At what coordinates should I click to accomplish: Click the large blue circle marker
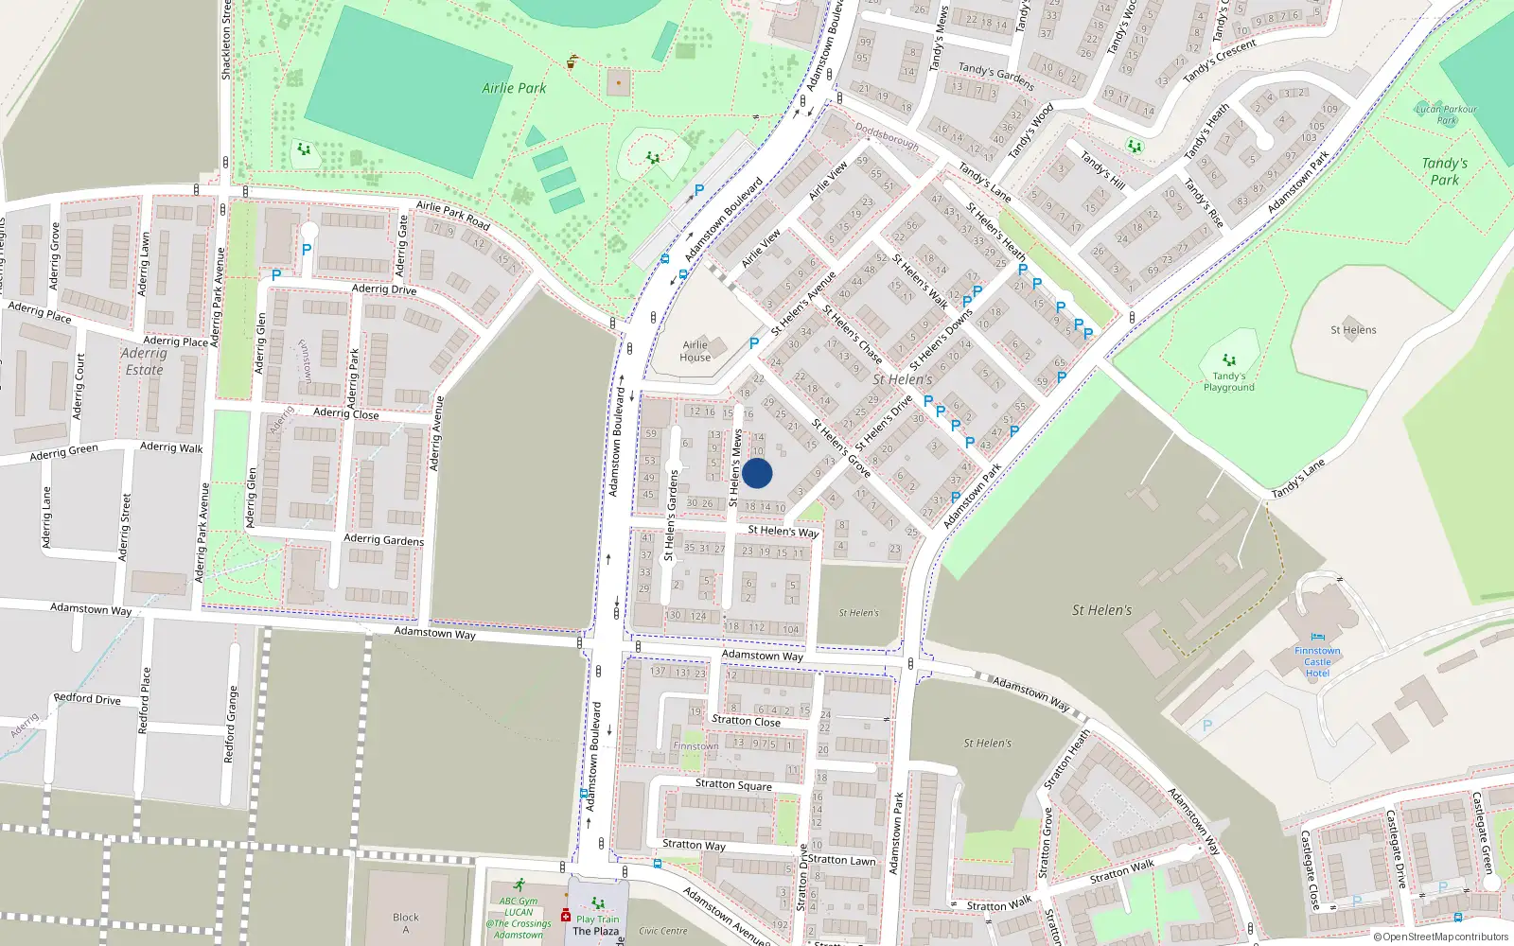pos(757,474)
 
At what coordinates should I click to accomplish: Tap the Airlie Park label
pos(514,88)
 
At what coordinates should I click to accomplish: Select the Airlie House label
pos(695,351)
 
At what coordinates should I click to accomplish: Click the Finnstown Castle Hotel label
pos(1317,661)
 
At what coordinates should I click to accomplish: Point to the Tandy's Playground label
pos(1228,381)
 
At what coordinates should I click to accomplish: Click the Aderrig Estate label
pos(144,361)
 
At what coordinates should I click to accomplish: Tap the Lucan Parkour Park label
pos(1446,114)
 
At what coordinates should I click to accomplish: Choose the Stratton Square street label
pos(733,785)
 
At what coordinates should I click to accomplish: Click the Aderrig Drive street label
pos(384,289)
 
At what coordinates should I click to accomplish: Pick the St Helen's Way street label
pos(783,531)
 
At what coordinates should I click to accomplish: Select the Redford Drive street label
pos(87,699)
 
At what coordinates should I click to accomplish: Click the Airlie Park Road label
pos(453,216)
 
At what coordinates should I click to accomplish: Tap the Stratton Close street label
pos(746,721)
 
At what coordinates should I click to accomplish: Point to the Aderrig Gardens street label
pos(383,539)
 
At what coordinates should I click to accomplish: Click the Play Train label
pos(597,919)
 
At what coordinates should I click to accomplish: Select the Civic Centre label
pos(662,931)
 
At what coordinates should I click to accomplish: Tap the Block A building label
pos(406,922)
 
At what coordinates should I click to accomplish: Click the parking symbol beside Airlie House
pos(754,343)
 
